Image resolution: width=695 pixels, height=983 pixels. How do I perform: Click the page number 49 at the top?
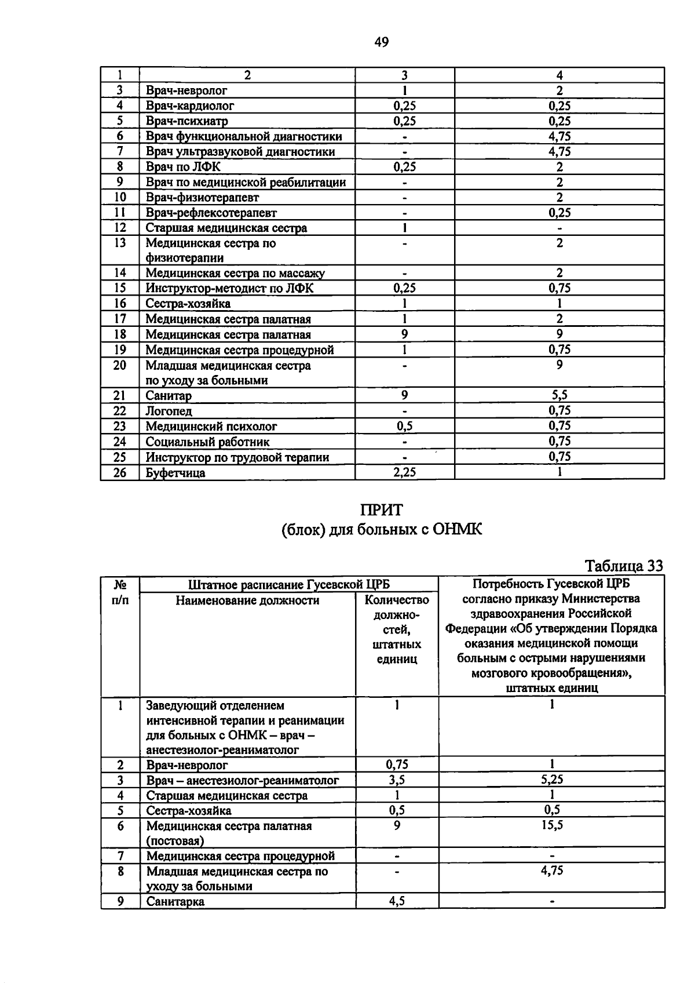coord(382,42)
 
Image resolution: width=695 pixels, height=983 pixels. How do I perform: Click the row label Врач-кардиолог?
coord(190,105)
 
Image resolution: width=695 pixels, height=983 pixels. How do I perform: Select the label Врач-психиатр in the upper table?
coord(186,121)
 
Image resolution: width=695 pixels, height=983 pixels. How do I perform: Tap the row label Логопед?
coord(169,411)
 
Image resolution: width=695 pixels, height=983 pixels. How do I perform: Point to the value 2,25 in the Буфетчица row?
coord(404,472)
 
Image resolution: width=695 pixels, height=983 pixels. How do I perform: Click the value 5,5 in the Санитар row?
coord(559,395)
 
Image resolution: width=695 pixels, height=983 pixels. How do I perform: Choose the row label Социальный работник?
coord(207,442)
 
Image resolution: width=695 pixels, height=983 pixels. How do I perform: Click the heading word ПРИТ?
coord(381,510)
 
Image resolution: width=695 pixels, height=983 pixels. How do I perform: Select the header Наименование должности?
coord(247,600)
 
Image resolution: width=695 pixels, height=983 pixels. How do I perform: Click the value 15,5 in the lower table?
coord(551,825)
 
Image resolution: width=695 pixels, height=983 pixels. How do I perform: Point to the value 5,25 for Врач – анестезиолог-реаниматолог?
coord(551,780)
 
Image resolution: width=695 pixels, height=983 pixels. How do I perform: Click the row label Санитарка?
coord(175,901)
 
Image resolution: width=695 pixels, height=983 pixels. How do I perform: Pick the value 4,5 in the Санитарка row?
coord(397,901)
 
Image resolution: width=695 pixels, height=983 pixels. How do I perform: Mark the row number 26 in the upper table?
coord(119,472)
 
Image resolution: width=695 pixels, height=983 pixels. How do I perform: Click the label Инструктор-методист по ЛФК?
coord(229,288)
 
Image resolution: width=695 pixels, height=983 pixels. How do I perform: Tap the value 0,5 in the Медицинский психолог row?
coord(404,426)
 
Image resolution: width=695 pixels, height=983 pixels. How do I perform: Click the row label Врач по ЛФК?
coord(183,167)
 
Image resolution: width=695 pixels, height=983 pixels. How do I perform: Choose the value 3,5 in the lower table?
coord(397,780)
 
